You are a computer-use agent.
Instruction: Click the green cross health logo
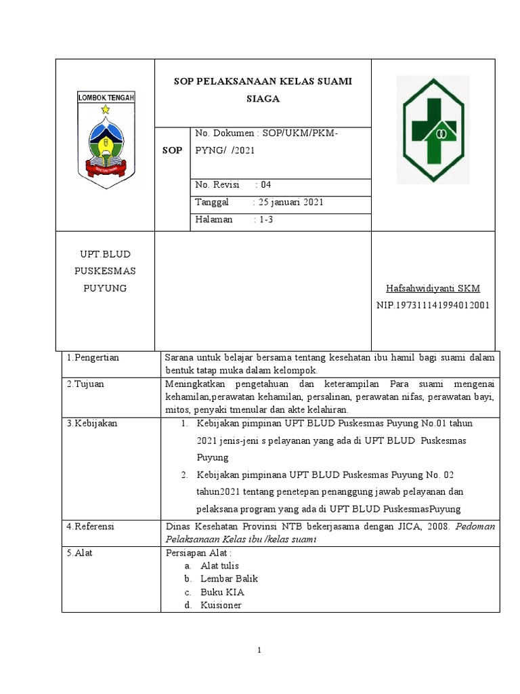click(x=433, y=131)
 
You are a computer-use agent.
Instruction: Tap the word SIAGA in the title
click(x=263, y=98)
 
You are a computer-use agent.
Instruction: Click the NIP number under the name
click(x=433, y=305)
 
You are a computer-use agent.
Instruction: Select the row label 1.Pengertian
click(x=93, y=358)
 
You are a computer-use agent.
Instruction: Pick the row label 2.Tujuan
click(x=85, y=384)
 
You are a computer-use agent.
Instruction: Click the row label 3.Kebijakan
click(x=92, y=424)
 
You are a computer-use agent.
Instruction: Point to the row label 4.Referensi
click(x=91, y=526)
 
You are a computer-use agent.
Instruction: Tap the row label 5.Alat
click(x=80, y=552)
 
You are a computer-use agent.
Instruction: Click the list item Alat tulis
click(x=219, y=565)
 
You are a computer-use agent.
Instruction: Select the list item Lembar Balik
click(x=229, y=579)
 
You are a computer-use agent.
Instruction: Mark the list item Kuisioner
click(x=221, y=605)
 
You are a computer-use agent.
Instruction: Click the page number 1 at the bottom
click(x=260, y=651)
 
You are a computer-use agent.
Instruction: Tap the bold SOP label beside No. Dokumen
click(x=172, y=150)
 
